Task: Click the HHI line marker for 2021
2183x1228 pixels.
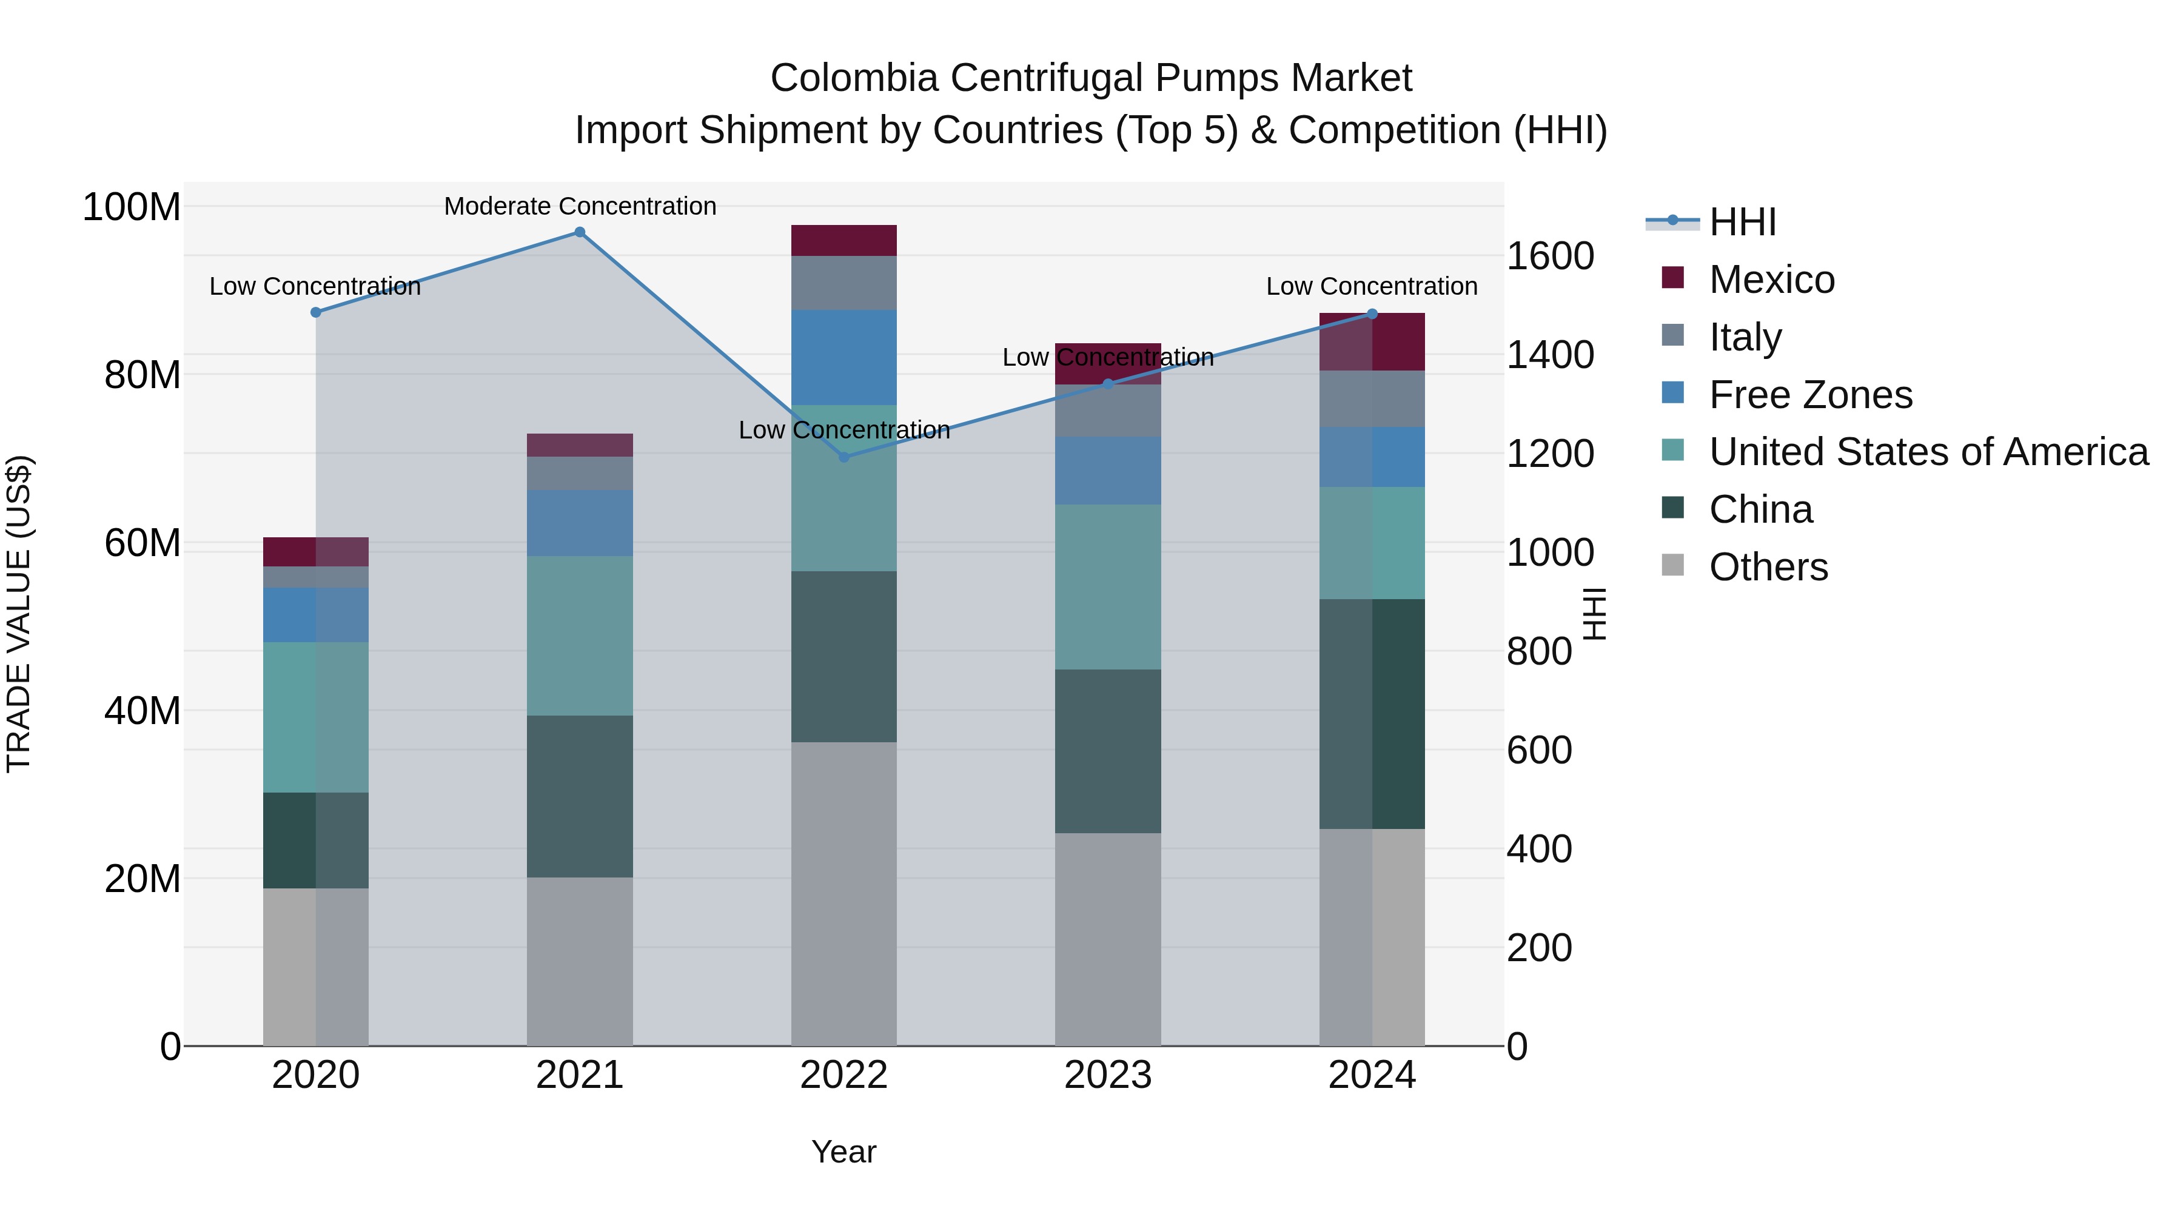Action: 580,232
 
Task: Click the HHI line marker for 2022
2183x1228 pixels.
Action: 843,457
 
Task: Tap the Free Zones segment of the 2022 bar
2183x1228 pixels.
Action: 843,357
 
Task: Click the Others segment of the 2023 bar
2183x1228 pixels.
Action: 1108,939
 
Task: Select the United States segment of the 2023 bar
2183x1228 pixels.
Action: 1108,586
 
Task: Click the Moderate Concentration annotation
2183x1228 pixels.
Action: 580,206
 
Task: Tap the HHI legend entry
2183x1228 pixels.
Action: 1742,222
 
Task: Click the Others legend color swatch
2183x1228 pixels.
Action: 1673,565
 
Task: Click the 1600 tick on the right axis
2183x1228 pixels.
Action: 1550,256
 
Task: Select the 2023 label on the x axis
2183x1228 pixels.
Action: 1108,1075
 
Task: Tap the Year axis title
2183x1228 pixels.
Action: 843,1152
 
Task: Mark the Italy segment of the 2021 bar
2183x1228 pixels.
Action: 580,473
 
